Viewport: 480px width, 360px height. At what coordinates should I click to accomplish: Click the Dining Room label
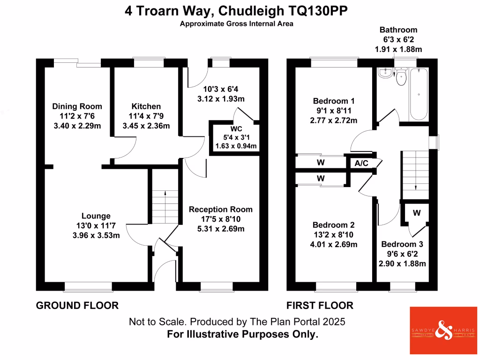click(x=77, y=107)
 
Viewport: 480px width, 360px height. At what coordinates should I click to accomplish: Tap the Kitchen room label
click(x=146, y=107)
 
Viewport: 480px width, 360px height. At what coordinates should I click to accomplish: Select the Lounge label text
click(x=96, y=216)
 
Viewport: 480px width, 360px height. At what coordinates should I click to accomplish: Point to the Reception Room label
click(x=220, y=210)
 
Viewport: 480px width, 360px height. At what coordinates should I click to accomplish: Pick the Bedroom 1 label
click(x=333, y=101)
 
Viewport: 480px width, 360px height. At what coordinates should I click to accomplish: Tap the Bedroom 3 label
click(x=402, y=244)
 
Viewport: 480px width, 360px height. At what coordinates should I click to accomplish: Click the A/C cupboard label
click(x=361, y=164)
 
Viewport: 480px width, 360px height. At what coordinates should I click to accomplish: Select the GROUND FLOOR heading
click(x=77, y=306)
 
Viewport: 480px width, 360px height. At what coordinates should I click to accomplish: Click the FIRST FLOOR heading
click(x=320, y=306)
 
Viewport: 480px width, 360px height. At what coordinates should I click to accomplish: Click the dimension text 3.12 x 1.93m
click(x=220, y=99)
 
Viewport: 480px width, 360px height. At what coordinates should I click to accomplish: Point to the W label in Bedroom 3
click(x=417, y=213)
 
